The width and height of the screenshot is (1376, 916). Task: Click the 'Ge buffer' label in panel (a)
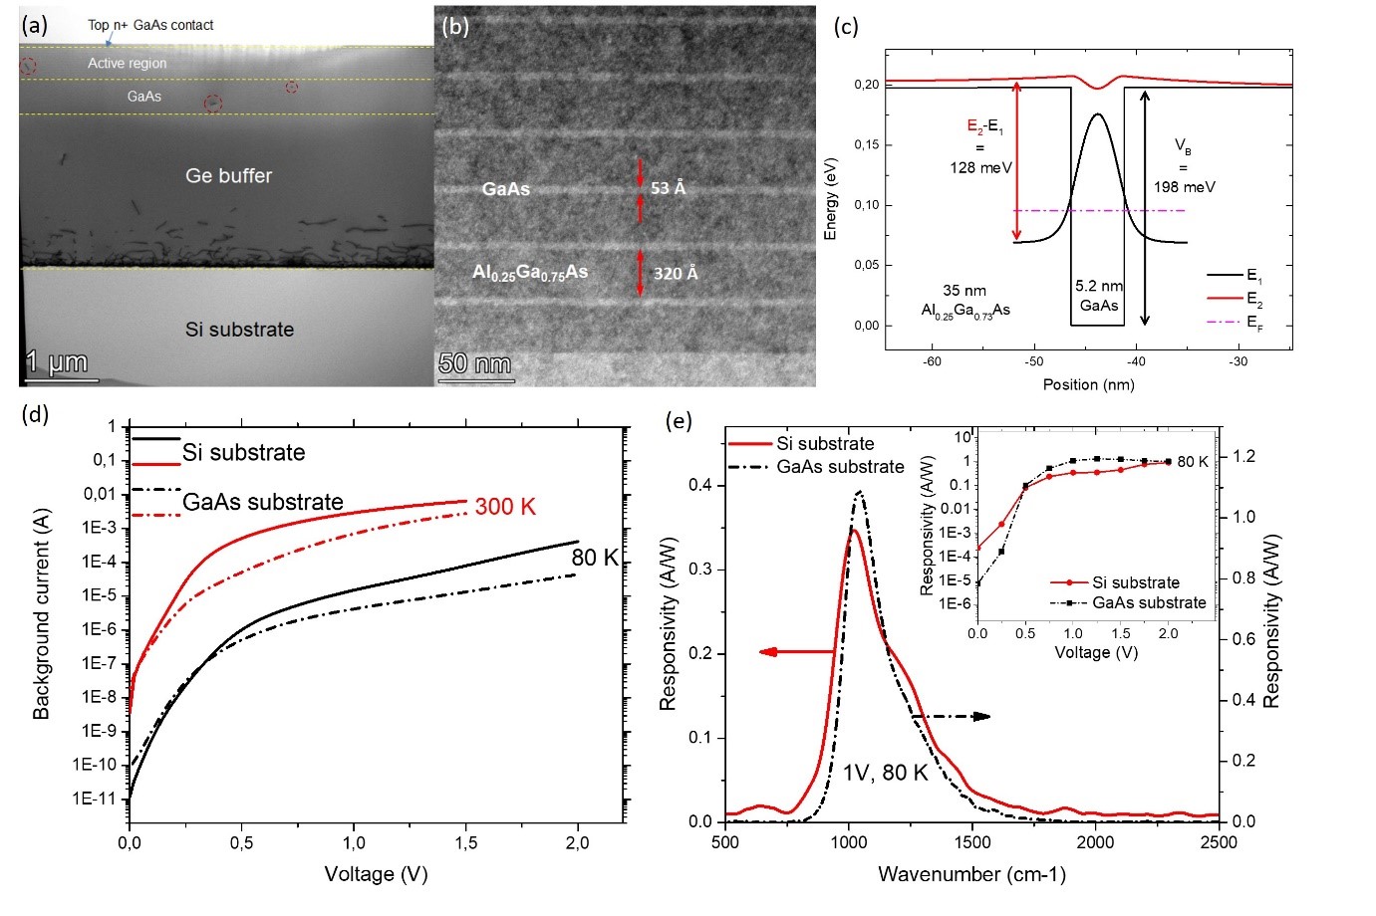tap(228, 175)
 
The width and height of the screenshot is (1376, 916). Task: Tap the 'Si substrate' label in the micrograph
tap(239, 330)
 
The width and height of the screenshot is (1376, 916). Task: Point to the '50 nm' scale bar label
tap(474, 363)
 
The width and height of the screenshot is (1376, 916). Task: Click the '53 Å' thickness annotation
tap(668, 188)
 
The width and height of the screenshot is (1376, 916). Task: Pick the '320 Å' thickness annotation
tap(676, 273)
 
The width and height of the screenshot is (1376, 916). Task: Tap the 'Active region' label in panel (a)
tap(127, 63)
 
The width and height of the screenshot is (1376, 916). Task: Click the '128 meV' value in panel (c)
tap(980, 167)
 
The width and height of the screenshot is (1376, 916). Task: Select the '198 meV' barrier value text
tap(1185, 186)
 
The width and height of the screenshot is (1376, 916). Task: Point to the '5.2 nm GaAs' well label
tap(1099, 296)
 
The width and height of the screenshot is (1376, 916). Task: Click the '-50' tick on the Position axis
tap(1034, 361)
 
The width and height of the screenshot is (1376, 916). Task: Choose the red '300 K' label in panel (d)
tap(505, 507)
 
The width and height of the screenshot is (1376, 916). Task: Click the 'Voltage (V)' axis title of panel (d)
tap(376, 874)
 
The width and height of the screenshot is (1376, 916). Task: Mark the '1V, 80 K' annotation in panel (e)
tap(885, 773)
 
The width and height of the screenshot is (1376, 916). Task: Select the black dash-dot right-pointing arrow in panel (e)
tap(952, 716)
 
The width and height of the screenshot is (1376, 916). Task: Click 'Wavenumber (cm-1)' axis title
tap(971, 874)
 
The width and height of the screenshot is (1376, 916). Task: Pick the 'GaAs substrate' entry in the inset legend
tap(1148, 602)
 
